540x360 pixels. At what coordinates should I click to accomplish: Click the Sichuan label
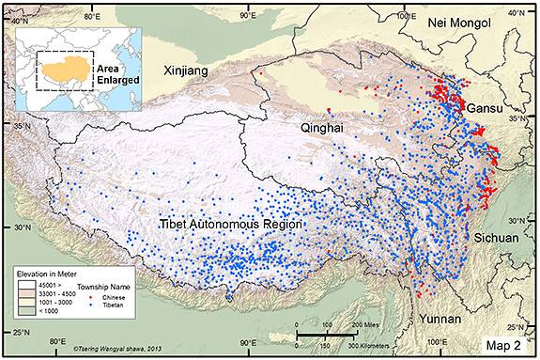[495, 238]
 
